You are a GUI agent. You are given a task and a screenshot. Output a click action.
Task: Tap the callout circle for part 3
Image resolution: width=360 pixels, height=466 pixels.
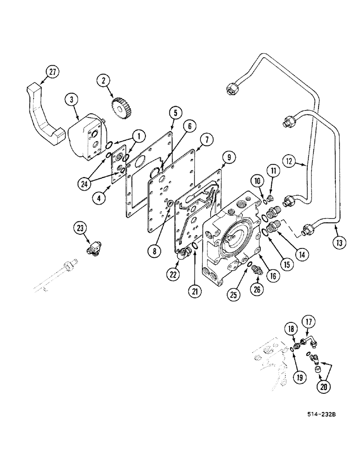click(71, 100)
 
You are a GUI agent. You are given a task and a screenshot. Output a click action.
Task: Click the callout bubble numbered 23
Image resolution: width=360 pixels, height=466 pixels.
click(80, 228)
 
